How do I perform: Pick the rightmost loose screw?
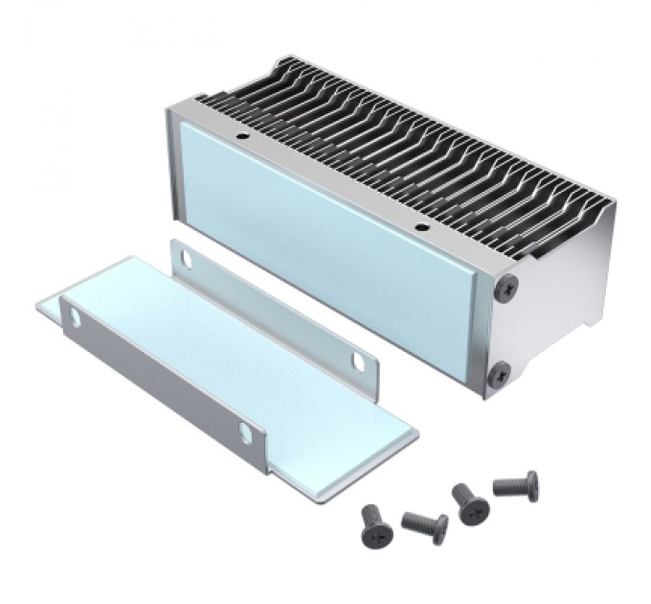(x=517, y=483)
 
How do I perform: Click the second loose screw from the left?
(x=424, y=523)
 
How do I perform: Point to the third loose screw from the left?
(x=469, y=501)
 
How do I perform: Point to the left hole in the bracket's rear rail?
(x=183, y=257)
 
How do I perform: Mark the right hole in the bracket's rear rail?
(x=358, y=360)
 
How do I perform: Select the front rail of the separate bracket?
(x=153, y=374)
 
